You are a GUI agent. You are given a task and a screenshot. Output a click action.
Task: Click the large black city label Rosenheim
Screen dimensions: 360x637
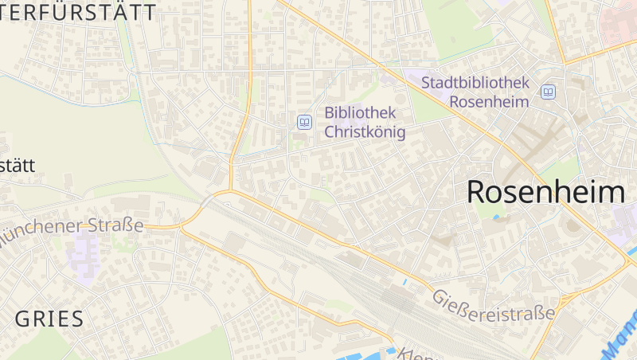545,192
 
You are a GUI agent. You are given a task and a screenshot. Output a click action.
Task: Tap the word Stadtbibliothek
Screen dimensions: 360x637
475,83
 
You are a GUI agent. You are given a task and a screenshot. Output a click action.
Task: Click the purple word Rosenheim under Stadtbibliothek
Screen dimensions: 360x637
489,102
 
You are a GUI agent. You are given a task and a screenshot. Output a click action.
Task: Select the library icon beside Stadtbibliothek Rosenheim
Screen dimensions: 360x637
548,92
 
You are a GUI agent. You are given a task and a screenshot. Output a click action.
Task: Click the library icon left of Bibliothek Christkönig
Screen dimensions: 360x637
304,122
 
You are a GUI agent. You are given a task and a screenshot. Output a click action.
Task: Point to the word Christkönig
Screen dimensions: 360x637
365,132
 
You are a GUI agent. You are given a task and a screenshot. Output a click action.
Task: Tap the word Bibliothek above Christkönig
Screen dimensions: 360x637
359,112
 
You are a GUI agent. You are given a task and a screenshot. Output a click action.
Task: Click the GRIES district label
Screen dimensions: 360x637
49,319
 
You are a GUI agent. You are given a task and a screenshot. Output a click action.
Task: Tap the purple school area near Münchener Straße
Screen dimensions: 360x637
83,251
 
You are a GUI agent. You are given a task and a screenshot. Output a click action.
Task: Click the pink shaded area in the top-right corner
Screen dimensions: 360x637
621,20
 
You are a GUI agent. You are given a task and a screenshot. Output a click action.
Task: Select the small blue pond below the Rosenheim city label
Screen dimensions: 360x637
498,217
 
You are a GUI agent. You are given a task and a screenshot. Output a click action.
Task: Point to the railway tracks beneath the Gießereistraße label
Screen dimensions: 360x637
398,303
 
